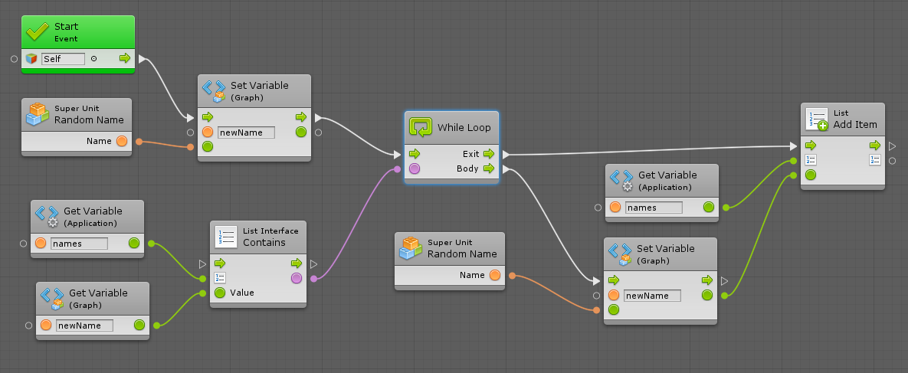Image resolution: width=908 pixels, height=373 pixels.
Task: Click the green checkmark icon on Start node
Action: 38,31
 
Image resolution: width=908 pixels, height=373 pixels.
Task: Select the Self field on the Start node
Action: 64,58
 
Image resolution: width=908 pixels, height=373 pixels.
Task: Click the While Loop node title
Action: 464,127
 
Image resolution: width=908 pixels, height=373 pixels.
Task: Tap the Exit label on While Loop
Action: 470,154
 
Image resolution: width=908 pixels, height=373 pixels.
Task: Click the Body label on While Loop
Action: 467,169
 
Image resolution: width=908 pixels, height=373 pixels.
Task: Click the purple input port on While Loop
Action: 415,169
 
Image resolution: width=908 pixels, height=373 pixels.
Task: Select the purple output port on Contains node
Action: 297,278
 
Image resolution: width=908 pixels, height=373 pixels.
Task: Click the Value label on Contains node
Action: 242,293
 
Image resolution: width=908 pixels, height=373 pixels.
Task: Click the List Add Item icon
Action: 817,119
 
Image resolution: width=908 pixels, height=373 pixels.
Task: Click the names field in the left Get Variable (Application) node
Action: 79,244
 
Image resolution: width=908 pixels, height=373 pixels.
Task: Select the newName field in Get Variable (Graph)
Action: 84,326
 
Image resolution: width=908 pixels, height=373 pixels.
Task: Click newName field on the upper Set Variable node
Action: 246,133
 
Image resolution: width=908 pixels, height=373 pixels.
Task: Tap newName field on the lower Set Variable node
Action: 652,296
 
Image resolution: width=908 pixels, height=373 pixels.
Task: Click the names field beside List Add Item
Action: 653,207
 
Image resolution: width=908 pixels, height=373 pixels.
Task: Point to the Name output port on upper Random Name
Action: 122,141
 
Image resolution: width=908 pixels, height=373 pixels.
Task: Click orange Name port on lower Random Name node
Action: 495,275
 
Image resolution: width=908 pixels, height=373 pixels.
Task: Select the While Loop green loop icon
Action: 421,127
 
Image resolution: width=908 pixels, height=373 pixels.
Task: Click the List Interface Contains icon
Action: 226,237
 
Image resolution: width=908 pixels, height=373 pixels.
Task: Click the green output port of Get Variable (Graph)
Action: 139,326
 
